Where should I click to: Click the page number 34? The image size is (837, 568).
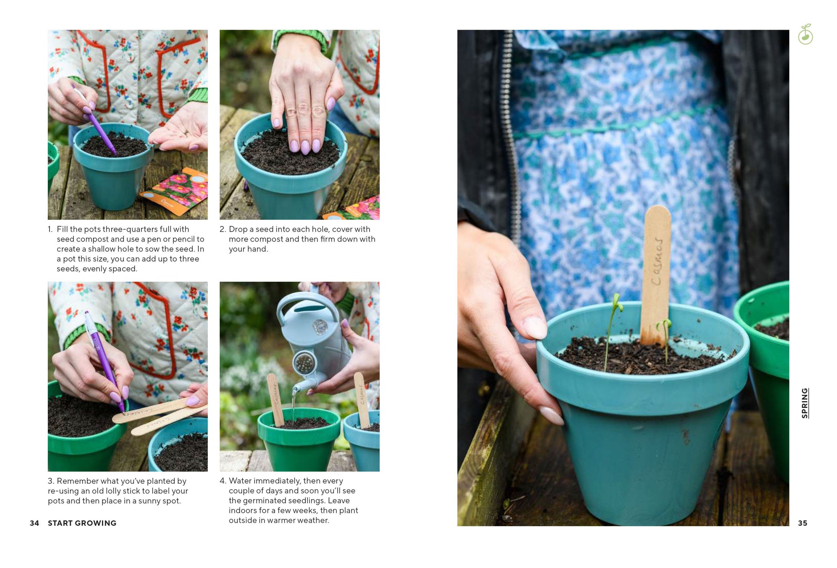click(x=34, y=523)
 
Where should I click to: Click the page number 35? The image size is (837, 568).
click(x=803, y=523)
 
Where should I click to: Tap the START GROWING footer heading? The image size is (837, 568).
click(x=82, y=523)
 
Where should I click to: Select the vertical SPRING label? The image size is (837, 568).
click(x=805, y=403)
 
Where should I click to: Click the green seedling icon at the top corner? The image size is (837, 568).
click(x=806, y=34)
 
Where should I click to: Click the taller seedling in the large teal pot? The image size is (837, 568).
click(x=612, y=331)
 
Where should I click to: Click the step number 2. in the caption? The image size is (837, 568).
click(x=223, y=229)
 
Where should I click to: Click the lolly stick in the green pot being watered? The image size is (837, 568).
click(x=275, y=400)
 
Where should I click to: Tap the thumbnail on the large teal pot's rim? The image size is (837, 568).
click(x=535, y=327)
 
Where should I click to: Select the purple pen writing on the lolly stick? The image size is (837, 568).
click(x=104, y=361)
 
